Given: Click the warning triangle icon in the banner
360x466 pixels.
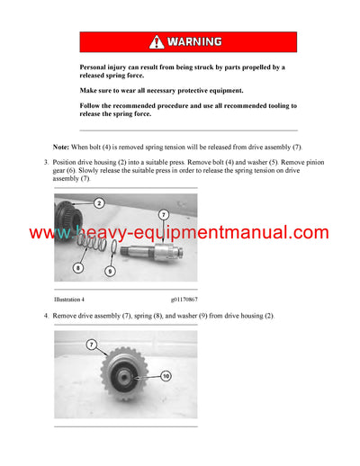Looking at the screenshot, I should pyautogui.click(x=157, y=41).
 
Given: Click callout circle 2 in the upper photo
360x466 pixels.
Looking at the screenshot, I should pyautogui.click(x=98, y=203).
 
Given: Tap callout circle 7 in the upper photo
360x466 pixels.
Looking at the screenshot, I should pyautogui.click(x=164, y=214).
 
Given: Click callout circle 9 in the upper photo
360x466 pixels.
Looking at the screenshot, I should pyautogui.click(x=109, y=270).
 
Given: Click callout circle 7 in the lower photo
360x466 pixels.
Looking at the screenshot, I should pyautogui.click(x=92, y=345).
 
